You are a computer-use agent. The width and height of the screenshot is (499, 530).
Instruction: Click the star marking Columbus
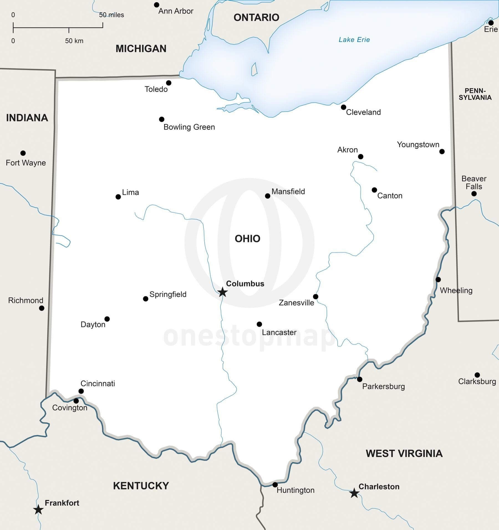(222, 292)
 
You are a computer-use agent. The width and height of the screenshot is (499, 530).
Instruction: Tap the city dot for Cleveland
(343, 107)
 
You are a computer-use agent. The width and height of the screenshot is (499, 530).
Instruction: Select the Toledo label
(156, 89)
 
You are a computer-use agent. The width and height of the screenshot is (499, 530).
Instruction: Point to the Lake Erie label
(354, 40)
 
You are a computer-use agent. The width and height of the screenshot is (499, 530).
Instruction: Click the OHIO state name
(247, 239)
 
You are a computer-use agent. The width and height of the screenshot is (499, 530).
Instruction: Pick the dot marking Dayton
(107, 319)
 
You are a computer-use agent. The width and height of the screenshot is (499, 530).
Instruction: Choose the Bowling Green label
(189, 127)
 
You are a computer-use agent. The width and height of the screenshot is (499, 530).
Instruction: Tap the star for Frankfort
(38, 509)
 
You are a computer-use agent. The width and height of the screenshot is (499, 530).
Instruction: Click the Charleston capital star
(354, 493)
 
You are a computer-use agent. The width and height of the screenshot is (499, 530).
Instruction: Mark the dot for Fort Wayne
(23, 153)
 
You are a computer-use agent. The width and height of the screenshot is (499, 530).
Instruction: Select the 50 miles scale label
(111, 15)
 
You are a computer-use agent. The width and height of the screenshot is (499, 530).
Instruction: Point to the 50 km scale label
(74, 41)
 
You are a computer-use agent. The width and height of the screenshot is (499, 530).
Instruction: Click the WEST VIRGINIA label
(404, 454)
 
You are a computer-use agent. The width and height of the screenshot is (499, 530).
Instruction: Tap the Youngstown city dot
(442, 152)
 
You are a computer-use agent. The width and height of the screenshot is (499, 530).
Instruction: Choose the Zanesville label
(296, 303)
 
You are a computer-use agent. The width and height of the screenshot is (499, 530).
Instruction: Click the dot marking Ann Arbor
(157, 5)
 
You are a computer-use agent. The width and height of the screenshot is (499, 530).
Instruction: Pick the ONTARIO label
(256, 17)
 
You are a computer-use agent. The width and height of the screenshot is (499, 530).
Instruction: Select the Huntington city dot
(275, 485)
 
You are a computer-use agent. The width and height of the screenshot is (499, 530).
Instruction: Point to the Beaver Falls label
(474, 183)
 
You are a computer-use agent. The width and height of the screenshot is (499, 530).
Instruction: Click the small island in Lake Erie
(254, 69)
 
